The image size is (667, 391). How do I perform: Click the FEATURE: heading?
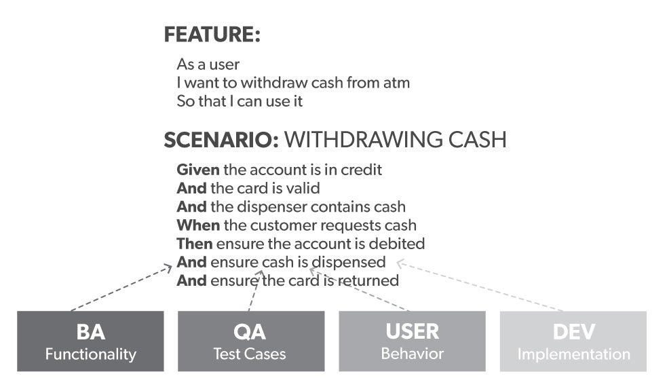(x=212, y=35)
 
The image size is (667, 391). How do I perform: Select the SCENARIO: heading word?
(x=221, y=140)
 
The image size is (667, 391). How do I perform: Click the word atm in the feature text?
(x=396, y=83)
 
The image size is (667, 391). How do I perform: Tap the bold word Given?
(x=198, y=170)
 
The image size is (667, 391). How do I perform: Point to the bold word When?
(x=198, y=225)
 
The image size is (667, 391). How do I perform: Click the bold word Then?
(x=194, y=244)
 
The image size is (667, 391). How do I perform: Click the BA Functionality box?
(x=90, y=341)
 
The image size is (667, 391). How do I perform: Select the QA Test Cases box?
(x=251, y=341)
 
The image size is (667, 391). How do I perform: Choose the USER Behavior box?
(x=412, y=341)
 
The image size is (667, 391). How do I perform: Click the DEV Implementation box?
(x=573, y=341)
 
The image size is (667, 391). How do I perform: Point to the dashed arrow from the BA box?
(x=121, y=288)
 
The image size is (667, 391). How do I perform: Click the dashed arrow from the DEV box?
(x=480, y=285)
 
